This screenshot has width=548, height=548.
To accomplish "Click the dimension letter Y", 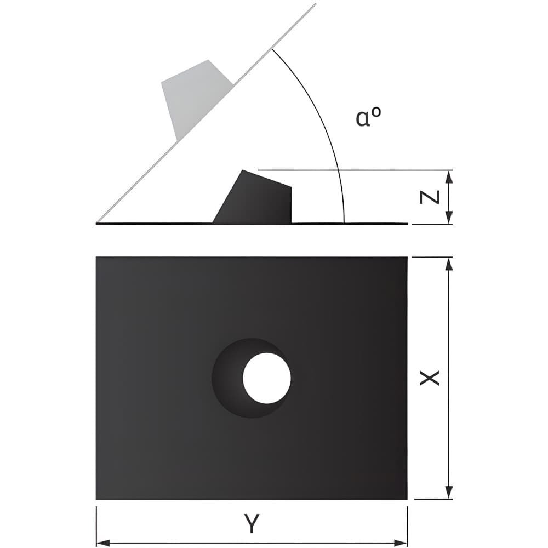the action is [252, 523].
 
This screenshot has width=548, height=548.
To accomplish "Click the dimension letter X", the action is [430, 378].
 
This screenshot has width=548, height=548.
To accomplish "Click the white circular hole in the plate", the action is [267, 378].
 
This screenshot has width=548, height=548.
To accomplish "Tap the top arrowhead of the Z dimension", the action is [449, 176].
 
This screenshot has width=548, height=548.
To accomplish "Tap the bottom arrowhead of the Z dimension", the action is [449, 218].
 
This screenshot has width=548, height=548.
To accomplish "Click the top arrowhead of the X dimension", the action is [449, 264].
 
